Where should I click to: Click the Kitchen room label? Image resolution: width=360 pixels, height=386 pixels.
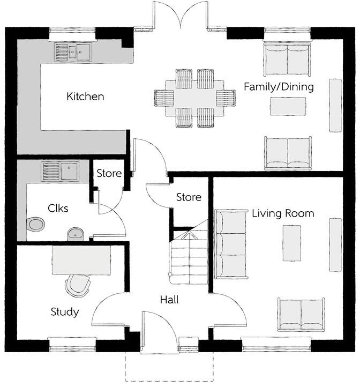pos(85,97)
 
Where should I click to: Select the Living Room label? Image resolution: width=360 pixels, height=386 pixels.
pos(283,213)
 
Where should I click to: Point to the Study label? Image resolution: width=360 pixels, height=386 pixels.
pos(65,311)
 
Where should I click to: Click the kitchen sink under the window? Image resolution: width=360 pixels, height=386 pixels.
pos(73,52)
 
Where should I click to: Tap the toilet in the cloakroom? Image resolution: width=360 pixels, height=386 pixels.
pos(36,224)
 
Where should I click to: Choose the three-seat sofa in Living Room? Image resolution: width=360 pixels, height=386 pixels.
pos(230,244)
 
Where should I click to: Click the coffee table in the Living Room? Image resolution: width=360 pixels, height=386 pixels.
pos(291,243)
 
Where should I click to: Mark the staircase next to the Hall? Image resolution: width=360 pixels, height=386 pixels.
pos(189,257)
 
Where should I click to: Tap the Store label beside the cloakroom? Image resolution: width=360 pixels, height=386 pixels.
pos(109,174)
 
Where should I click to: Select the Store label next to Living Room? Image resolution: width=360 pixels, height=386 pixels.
pos(189,198)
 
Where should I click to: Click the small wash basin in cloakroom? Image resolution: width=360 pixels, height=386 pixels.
pos(76,233)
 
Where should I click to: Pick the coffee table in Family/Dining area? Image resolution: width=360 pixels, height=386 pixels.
pos(288,106)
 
